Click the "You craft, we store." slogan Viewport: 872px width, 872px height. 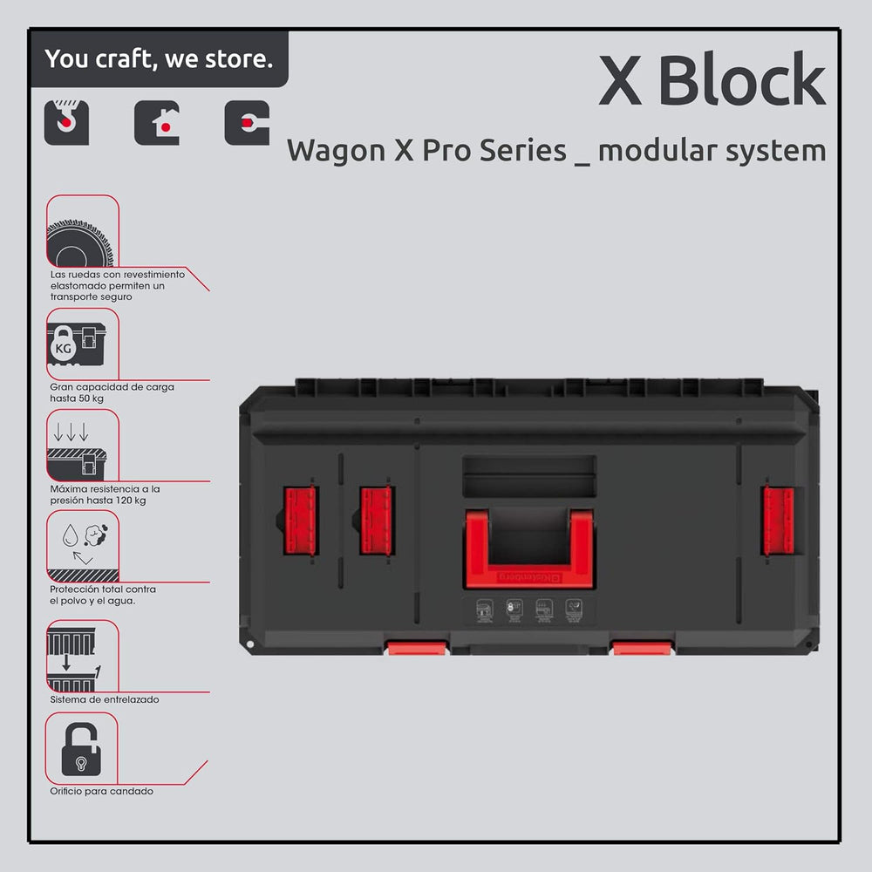click(x=159, y=59)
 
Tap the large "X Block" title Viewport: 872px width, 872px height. click(x=711, y=82)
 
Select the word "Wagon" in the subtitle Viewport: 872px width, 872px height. click(x=327, y=150)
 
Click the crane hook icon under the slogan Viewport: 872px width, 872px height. click(x=66, y=123)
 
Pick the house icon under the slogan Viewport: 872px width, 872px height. click(x=157, y=123)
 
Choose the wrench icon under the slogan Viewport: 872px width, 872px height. click(x=247, y=123)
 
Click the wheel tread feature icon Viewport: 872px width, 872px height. click(x=79, y=231)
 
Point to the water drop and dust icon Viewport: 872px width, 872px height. click(x=84, y=545)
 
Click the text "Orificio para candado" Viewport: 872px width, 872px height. click(x=102, y=791)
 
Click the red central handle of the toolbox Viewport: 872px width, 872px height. click(x=528, y=549)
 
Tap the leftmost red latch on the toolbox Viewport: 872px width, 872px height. click(x=296, y=521)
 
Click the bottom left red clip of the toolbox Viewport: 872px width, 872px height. click(x=417, y=647)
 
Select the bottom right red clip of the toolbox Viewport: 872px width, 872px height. click(x=641, y=647)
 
